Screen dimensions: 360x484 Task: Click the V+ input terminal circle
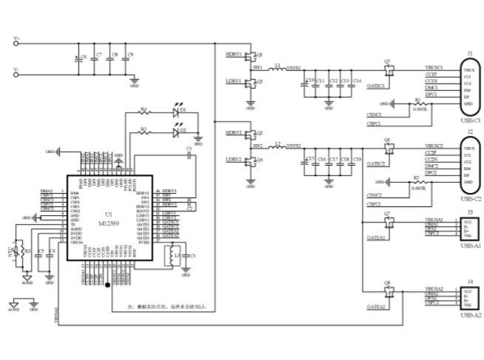click(29, 42)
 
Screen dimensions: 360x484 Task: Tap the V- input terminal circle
click(29, 72)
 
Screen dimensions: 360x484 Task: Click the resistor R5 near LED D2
click(145, 135)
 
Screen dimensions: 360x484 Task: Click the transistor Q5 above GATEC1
click(388, 69)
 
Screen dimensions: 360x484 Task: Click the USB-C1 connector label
click(470, 119)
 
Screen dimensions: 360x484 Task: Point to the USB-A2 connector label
click(470, 316)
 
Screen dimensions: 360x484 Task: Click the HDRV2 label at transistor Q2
click(234, 133)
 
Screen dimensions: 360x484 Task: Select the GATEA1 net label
click(376, 238)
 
